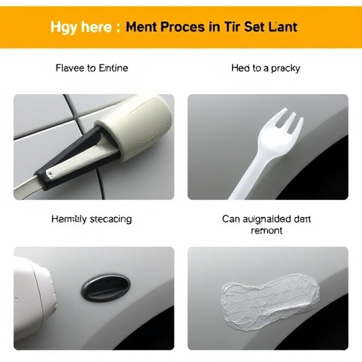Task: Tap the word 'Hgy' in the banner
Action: [x=64, y=28]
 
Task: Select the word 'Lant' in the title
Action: [x=281, y=28]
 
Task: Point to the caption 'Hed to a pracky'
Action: [x=266, y=69]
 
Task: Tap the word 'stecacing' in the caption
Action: [x=107, y=219]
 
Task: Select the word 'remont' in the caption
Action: [x=267, y=231]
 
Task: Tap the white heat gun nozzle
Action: [x=28, y=297]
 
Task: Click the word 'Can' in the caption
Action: [x=232, y=219]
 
